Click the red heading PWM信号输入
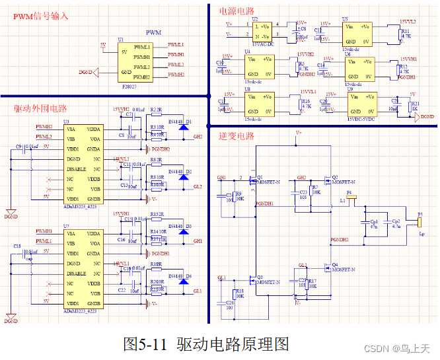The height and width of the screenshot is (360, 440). [x=40, y=15]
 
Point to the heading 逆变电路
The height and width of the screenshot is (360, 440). [x=236, y=136]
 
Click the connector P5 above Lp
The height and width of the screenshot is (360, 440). [x=419, y=220]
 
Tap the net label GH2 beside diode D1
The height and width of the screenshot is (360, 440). [x=198, y=136]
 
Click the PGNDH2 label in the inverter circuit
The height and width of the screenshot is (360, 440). [x=340, y=239]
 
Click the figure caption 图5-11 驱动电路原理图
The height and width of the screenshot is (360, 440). [x=206, y=343]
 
